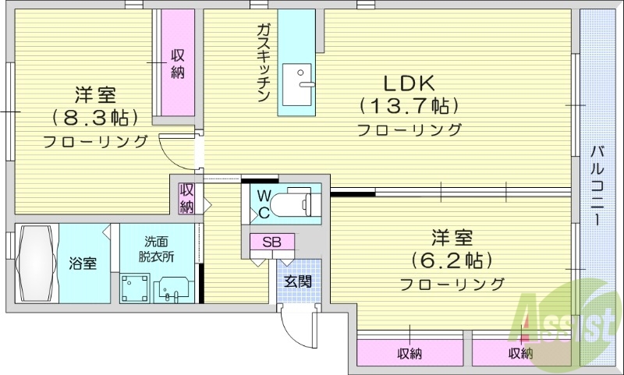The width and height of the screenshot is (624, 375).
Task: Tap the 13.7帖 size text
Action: coord(407,105)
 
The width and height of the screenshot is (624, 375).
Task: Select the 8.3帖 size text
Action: coord(95,118)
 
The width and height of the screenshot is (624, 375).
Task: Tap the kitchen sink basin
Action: coord(297,84)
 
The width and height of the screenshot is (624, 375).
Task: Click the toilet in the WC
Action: coord(296,202)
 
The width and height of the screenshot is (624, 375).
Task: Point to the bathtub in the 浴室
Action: coord(36,263)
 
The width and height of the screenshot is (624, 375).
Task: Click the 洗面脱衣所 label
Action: coord(154,249)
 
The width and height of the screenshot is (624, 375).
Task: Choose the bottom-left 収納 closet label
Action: coord(409,354)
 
